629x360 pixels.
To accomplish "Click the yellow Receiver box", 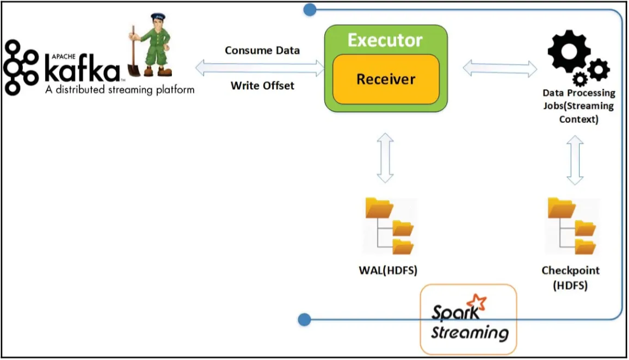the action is point(386,79).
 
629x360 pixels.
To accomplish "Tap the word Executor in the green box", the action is point(385,40).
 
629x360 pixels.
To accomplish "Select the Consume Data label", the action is point(262,51).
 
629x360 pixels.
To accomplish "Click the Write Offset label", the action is point(262,85).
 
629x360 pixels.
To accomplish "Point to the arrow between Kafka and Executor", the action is point(260,68).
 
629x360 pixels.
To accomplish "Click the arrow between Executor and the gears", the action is point(500,69).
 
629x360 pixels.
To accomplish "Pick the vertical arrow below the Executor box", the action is point(385,158).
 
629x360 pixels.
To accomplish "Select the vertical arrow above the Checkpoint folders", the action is point(575,160).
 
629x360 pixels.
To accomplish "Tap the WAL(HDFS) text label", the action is point(388,270).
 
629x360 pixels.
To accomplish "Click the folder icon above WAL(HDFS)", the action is point(390,226).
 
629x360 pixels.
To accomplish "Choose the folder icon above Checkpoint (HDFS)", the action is point(572,226).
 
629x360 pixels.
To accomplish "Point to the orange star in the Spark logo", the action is point(477,302).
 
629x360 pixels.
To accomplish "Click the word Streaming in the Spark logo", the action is point(470,332).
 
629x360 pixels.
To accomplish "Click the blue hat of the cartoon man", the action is point(158,17).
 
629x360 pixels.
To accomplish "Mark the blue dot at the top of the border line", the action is point(310,10).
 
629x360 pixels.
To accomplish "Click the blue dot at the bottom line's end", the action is point(305,320).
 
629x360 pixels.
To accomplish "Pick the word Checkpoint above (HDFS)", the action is point(570,271).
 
